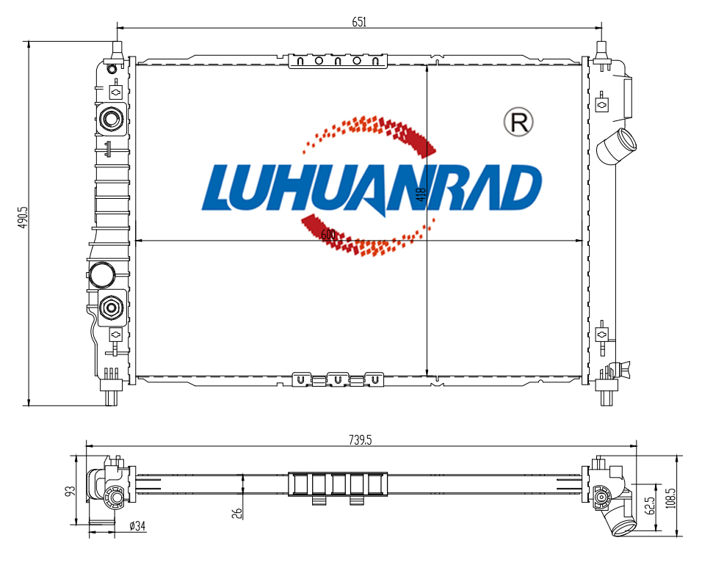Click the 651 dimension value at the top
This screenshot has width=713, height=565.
pyautogui.click(x=359, y=21)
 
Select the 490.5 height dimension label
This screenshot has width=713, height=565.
pyautogui.click(x=23, y=216)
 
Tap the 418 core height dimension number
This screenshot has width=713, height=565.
pyautogui.click(x=421, y=194)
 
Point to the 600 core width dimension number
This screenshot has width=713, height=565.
pyautogui.click(x=328, y=235)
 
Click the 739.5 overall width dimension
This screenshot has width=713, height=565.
pyautogui.click(x=360, y=440)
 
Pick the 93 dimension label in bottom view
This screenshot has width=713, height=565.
pyautogui.click(x=70, y=492)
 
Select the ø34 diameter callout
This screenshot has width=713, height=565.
pyautogui.click(x=137, y=526)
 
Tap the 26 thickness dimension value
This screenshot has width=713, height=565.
pyautogui.click(x=237, y=513)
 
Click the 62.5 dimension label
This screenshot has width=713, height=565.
pyautogui.click(x=651, y=506)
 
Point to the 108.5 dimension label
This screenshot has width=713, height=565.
pyautogui.click(x=670, y=497)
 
